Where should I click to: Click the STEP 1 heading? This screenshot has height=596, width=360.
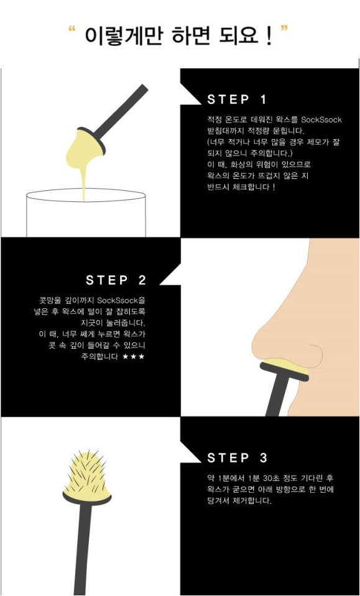238,99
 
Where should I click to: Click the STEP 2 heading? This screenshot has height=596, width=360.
116,280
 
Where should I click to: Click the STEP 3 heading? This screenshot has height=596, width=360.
238,457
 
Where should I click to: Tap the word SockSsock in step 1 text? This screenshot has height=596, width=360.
321,120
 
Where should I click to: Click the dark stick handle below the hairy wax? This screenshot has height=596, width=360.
83,548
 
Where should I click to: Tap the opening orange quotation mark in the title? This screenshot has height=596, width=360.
72,29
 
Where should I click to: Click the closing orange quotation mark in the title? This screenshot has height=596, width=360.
284,29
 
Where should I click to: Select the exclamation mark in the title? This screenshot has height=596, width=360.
269,36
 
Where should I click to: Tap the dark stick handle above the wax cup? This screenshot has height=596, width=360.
120,111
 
